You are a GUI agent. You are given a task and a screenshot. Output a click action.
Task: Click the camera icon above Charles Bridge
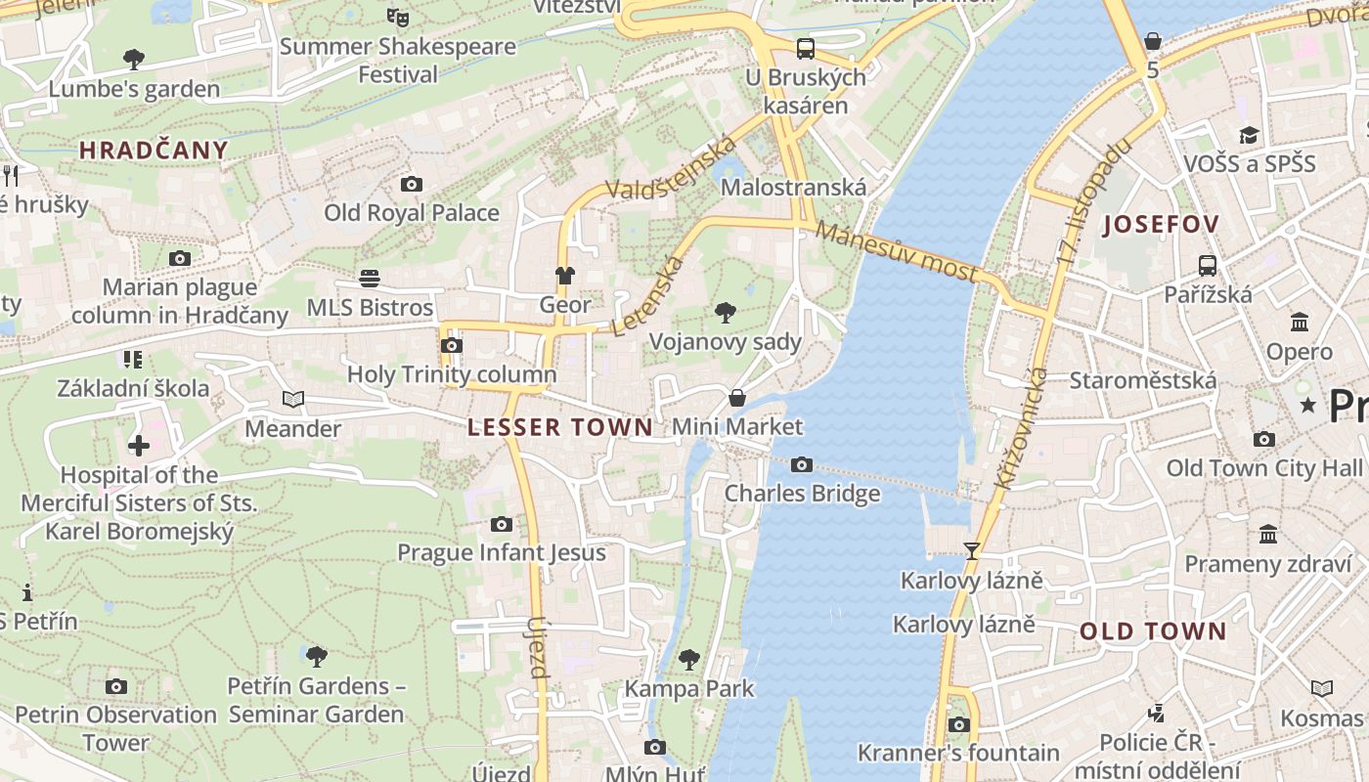coord(802,464)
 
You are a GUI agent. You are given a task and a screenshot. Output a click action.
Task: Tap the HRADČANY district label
coord(154,151)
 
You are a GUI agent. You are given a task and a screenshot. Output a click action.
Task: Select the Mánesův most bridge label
coord(896,252)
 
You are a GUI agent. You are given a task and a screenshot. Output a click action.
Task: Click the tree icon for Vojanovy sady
coord(725,313)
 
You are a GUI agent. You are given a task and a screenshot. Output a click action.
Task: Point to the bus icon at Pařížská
coord(1208,265)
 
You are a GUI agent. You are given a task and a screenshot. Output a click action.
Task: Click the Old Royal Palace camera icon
coord(412,184)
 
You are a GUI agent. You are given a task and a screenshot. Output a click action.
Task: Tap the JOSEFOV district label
coord(1161,225)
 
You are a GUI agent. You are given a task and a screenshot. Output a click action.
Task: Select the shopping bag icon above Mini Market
coord(737,398)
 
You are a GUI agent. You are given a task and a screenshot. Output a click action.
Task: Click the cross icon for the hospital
coord(139,446)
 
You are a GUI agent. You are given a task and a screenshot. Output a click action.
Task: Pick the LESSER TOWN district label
coord(560,427)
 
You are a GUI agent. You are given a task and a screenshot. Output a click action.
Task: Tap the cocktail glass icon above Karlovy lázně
coord(971,551)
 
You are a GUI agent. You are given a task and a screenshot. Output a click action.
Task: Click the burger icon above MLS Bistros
coord(370,279)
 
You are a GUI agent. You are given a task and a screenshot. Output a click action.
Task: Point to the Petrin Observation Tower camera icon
coord(116,686)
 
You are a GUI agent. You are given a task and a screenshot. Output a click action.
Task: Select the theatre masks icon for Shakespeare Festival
coord(397,17)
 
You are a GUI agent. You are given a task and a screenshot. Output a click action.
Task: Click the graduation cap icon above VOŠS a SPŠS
coord(1249,135)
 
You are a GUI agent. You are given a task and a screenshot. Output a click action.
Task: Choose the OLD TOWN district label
coord(1153,631)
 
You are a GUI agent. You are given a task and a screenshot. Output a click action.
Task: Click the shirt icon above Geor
coord(565,276)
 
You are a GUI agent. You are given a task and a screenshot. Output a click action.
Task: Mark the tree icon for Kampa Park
coord(689,660)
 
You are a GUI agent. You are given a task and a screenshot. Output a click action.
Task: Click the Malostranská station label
coord(793,188)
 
